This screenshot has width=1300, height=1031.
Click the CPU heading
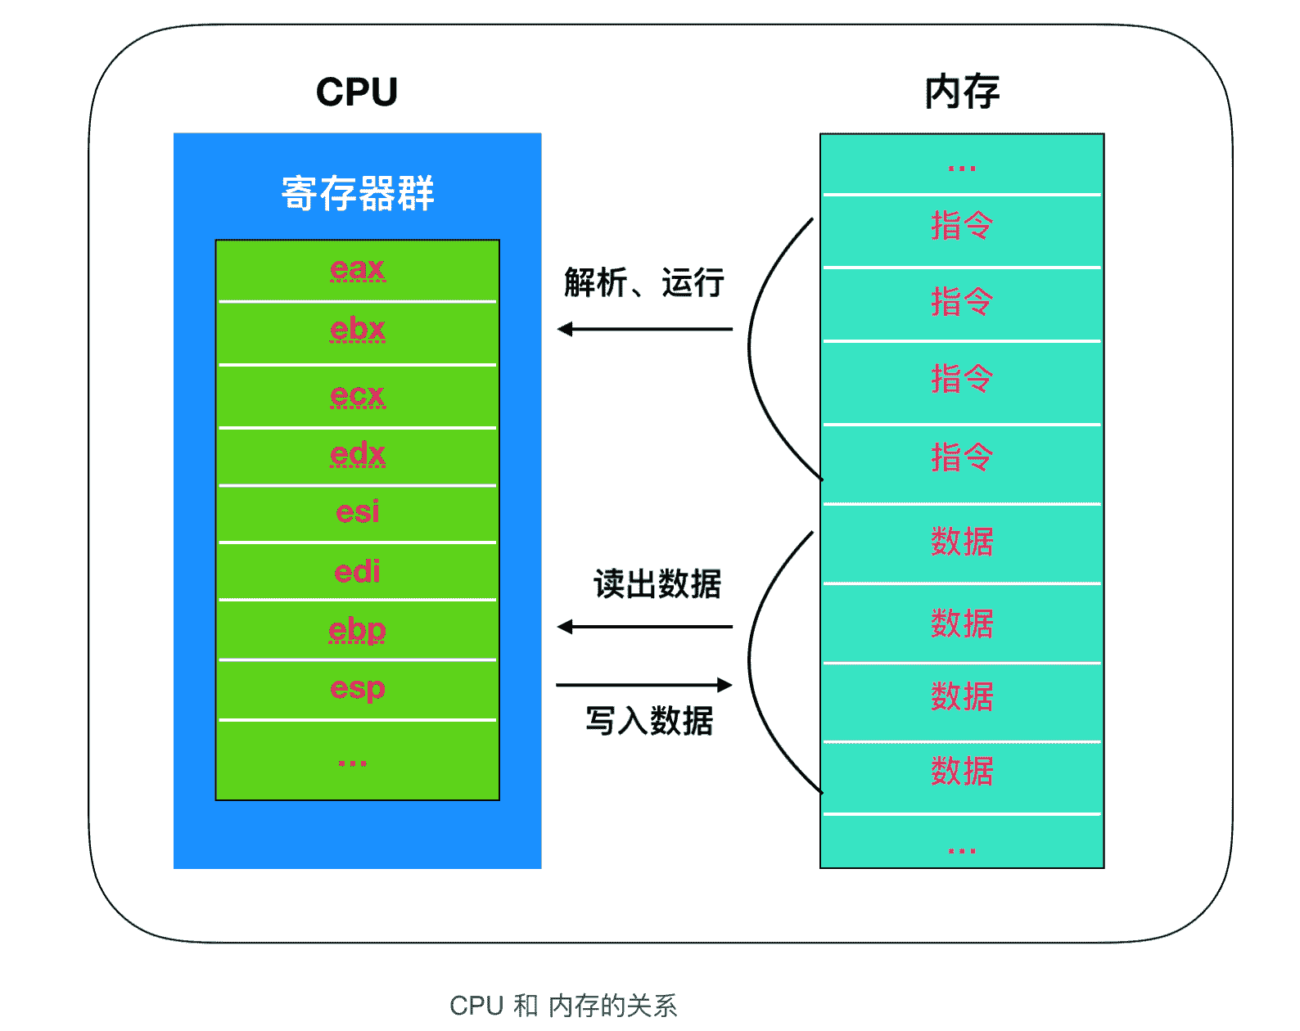point(357,92)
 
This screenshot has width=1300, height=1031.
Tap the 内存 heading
point(962,92)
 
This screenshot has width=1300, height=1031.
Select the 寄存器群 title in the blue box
point(358,194)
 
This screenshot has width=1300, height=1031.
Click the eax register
point(358,269)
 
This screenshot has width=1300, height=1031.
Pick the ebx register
point(358,330)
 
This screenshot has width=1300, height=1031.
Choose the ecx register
point(358,395)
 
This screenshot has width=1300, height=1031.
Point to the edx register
point(358,455)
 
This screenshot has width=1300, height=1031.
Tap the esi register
point(358,512)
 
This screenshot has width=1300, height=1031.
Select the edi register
point(358,571)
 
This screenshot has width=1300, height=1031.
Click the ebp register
point(358,630)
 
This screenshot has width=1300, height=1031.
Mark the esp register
point(358,689)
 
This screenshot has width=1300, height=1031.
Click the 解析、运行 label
point(644,283)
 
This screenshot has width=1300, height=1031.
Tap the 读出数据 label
point(657,584)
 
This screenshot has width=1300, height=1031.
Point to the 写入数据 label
point(649,721)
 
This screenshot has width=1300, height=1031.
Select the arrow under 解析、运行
point(644,330)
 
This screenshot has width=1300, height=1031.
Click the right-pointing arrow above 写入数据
point(644,685)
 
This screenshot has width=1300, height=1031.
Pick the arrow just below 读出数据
point(644,628)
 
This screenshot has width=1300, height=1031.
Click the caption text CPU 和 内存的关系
point(563,1006)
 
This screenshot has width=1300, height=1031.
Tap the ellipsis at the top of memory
point(962,169)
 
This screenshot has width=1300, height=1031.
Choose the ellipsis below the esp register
point(353,763)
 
